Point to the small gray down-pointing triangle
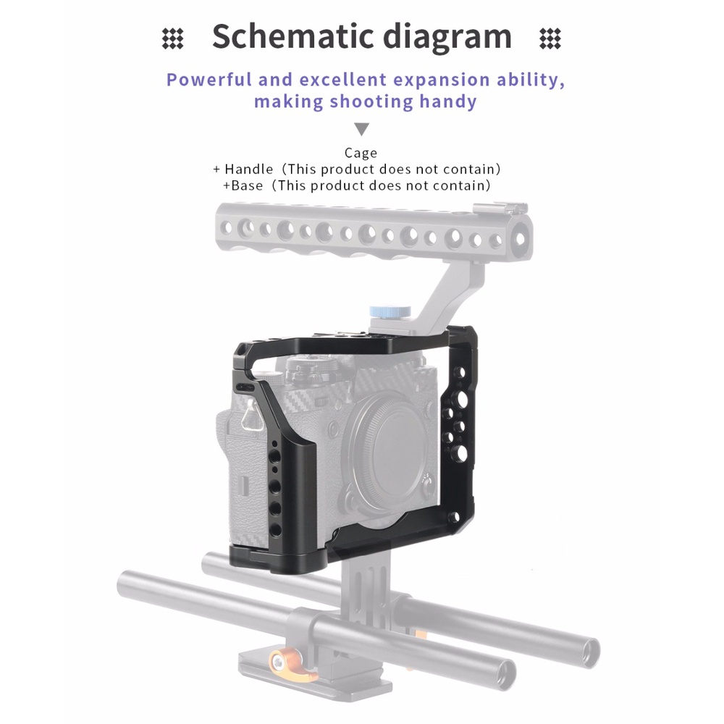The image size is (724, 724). pyautogui.click(x=362, y=130)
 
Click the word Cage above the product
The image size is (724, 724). pyautogui.click(x=361, y=153)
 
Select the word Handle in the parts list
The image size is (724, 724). pyautogui.click(x=249, y=169)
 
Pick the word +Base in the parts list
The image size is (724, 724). pyautogui.click(x=243, y=185)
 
